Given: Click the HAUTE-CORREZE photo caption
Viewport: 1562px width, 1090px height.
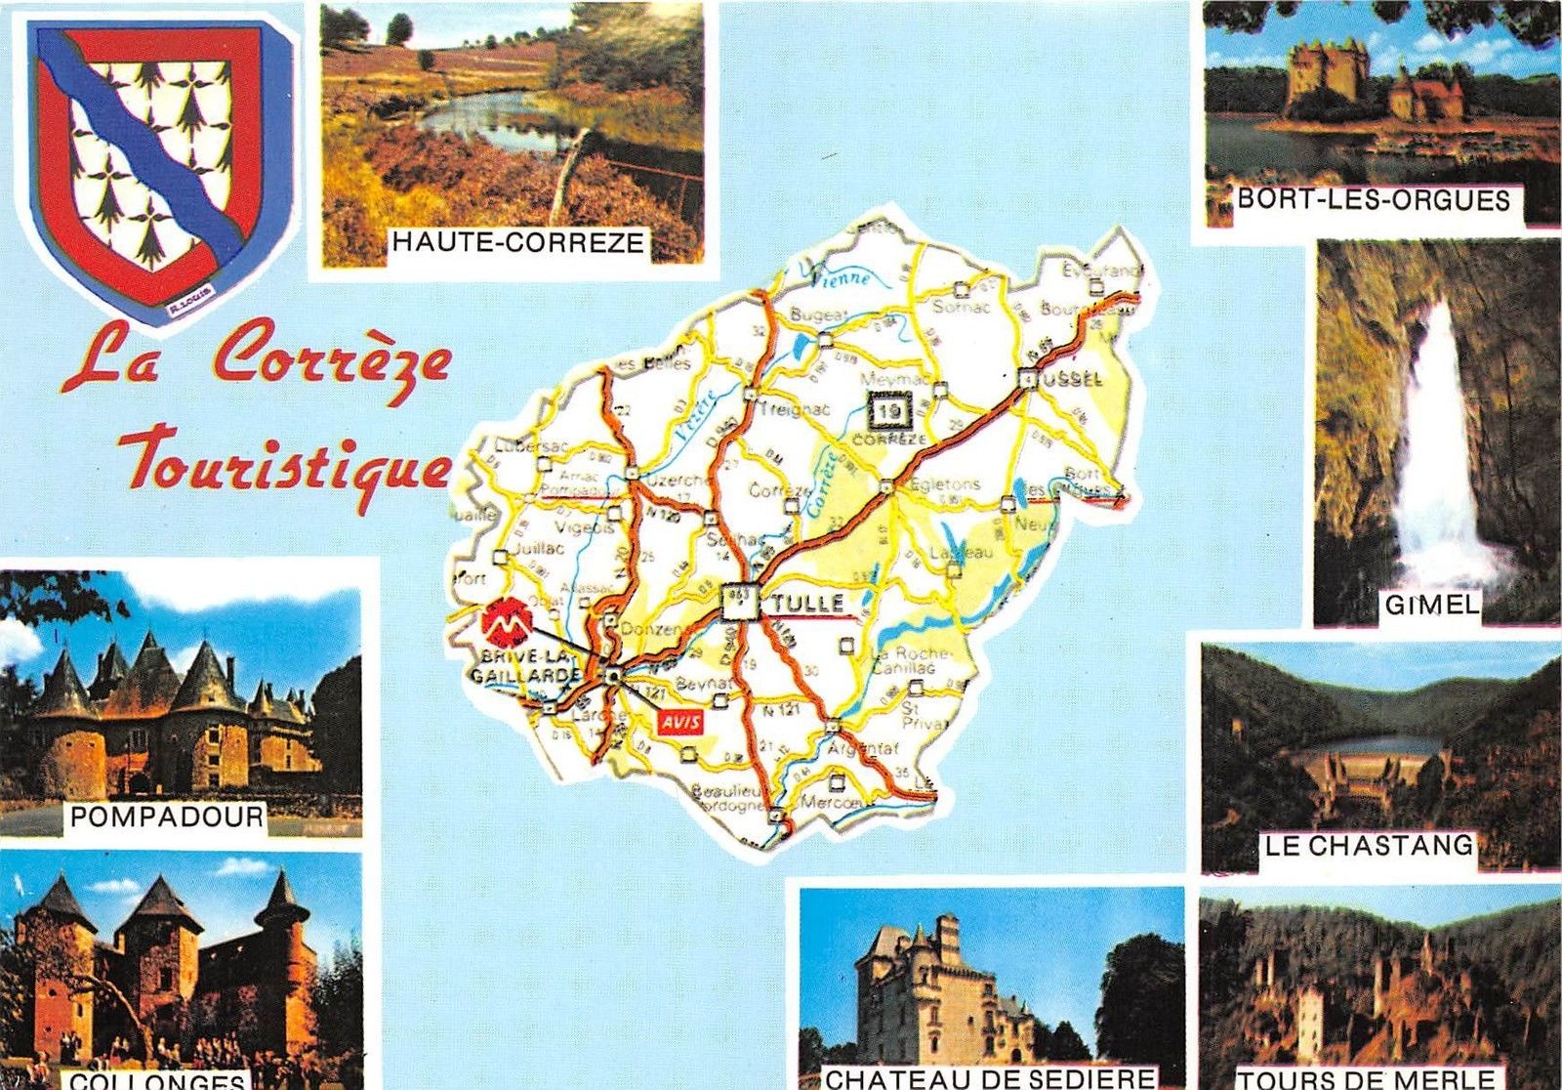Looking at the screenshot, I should [x=517, y=241].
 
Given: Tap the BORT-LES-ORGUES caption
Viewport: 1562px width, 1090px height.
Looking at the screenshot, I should [x=1374, y=200].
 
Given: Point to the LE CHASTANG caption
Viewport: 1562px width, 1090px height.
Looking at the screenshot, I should [x=1369, y=846].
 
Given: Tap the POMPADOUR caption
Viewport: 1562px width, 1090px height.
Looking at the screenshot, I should [x=167, y=817].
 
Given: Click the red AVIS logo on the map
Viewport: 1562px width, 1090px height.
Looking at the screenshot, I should [x=681, y=724].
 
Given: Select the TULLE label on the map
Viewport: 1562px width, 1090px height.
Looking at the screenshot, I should [x=806, y=605].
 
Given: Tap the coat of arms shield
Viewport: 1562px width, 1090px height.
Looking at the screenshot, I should [x=156, y=161].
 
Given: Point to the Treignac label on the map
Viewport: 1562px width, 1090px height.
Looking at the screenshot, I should [x=793, y=409].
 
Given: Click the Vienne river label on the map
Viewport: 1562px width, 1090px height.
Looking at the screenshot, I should [x=840, y=277].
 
